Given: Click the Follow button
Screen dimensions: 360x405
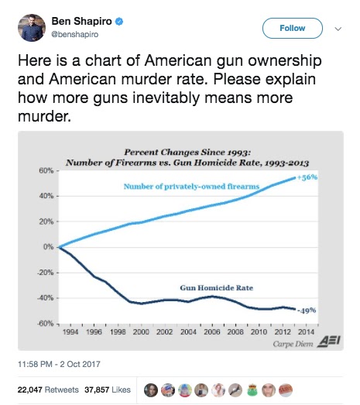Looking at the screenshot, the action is pos(293,28).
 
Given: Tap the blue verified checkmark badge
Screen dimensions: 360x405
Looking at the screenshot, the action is pos(118,22).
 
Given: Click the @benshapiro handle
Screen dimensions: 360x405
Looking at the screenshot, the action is pos(75,34).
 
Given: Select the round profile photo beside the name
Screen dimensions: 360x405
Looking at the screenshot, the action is pos(32,28).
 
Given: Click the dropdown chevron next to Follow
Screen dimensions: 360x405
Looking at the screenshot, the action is pos(338,29).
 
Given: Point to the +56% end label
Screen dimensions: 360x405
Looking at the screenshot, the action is pos(307,177).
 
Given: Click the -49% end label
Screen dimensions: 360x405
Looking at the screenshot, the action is pos(307,311).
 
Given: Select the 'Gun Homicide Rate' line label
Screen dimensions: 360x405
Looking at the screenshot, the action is pos(217,288).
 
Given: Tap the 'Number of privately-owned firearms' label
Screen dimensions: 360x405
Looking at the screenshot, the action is pos(191,187).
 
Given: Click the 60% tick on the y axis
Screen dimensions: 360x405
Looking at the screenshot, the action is pos(46,170).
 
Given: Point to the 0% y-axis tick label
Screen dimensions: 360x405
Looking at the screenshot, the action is pos(48,247).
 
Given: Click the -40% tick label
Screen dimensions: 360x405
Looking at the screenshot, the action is pos(45,298).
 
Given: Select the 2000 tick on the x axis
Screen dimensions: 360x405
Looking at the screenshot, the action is pos(141,332).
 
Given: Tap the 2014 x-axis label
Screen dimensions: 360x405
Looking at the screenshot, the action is pos(307,332).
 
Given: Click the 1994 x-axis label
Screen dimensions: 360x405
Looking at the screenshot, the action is pos(70,332).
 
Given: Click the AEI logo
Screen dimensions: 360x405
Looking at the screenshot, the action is pos(329,341).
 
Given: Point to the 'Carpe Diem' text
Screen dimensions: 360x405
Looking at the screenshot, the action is pos(293,344).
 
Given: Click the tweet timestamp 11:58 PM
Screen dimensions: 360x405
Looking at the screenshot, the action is pos(35,364).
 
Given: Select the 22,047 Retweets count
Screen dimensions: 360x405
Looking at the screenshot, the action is pos(48,390).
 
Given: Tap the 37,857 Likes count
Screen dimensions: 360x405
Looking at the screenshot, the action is pos(108,390).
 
